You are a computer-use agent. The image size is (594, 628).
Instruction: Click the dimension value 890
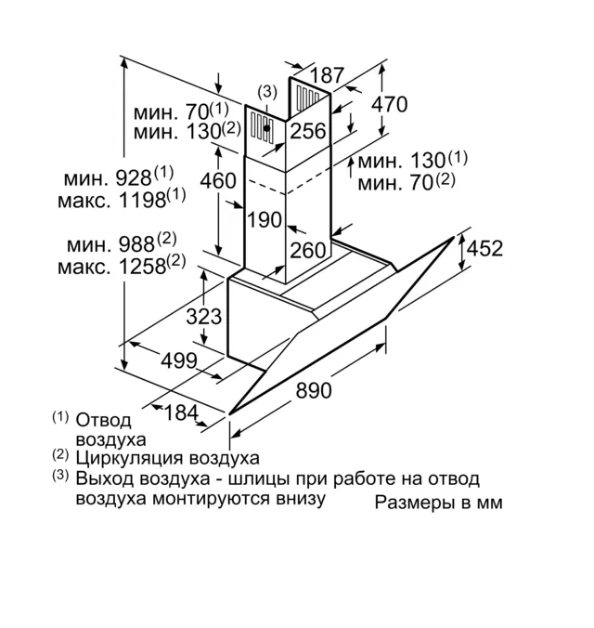click(314, 391)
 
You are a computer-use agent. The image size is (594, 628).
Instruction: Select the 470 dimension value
click(389, 105)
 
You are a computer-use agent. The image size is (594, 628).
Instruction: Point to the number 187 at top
click(327, 75)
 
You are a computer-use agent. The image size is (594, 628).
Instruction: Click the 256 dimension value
click(307, 131)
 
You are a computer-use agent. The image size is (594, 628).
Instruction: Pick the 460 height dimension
click(218, 180)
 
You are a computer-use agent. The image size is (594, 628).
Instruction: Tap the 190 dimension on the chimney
click(265, 220)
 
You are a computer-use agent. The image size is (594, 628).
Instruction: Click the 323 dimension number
click(204, 316)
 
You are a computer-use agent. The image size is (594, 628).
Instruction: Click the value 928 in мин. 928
click(134, 177)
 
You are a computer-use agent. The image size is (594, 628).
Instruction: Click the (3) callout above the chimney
click(267, 91)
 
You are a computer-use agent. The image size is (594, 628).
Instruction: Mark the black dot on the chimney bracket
click(266, 129)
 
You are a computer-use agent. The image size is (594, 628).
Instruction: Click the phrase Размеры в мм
click(439, 503)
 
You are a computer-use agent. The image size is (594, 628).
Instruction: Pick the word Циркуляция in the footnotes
click(138, 458)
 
